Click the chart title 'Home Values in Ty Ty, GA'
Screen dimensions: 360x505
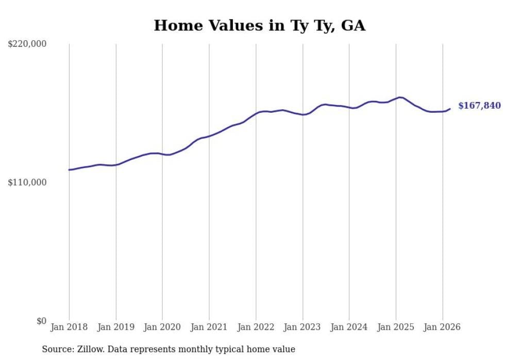coord(259,25)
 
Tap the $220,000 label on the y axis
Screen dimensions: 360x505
coord(27,44)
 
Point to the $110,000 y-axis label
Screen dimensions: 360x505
coord(27,182)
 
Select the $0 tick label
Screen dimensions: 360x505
coord(41,321)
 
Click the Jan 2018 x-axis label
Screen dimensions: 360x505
coord(69,327)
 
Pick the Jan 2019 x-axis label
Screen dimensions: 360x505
coord(116,327)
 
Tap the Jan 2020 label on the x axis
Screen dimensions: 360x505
coord(162,327)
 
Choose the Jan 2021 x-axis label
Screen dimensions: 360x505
coord(209,327)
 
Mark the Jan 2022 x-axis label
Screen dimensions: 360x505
coord(256,327)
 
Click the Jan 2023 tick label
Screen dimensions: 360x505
coord(302,327)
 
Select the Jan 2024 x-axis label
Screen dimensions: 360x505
coord(349,327)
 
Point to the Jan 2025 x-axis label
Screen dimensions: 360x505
coord(396,327)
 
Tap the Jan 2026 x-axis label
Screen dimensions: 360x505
coord(443,327)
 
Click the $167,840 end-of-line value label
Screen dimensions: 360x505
coord(479,106)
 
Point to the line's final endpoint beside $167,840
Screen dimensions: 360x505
coord(450,109)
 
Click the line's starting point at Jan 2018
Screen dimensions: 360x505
coord(69,169)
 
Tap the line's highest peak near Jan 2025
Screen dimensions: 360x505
coord(399,97)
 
